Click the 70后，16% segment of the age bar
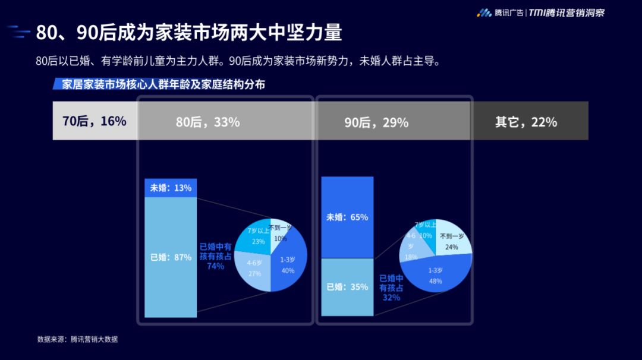click(95, 121)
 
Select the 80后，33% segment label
click(207, 122)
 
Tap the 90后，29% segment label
click(376, 122)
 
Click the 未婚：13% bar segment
click(171, 188)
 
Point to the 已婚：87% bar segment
click(171, 257)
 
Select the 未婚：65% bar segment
click(347, 217)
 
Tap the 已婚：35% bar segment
click(347, 287)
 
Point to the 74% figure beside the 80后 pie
click(215, 266)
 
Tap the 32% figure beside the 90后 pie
click(391, 298)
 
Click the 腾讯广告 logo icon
click(484, 12)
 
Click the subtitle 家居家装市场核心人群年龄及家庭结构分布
click(163, 84)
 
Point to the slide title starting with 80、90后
click(189, 32)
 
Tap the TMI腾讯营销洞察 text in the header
click(567, 12)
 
